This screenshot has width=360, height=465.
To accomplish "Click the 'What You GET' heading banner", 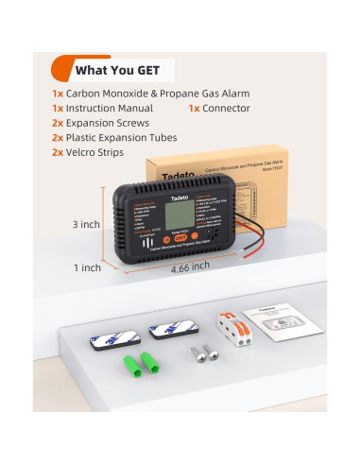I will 112,69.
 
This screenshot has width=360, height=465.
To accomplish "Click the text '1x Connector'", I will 223,109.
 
